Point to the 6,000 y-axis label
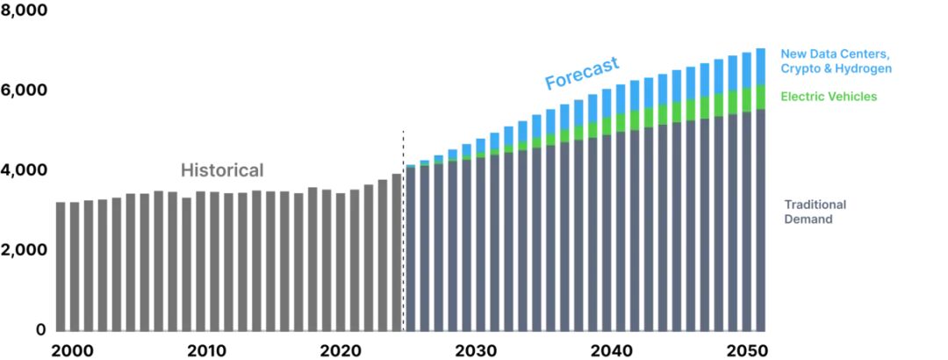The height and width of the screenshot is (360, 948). tap(24, 90)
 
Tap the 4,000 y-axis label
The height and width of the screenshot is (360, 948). tap(24, 169)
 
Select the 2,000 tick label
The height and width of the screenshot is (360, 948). tap(24, 249)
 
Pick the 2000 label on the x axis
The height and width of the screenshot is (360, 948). tap(72, 349)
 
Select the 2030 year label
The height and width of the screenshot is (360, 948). tap(478, 349)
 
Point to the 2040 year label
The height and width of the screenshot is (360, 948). tap(612, 349)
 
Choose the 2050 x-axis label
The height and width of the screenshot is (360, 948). tap(746, 349)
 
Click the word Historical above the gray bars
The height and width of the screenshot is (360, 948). tap(222, 170)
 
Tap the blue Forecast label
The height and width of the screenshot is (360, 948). tap(582, 74)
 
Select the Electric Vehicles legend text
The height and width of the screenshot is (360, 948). tap(829, 97)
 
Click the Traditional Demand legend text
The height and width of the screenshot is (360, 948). tap(815, 212)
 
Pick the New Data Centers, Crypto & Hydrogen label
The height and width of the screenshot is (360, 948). tap(836, 61)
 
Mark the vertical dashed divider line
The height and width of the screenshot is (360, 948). tap(403, 228)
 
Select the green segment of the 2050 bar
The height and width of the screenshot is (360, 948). tap(746, 102)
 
